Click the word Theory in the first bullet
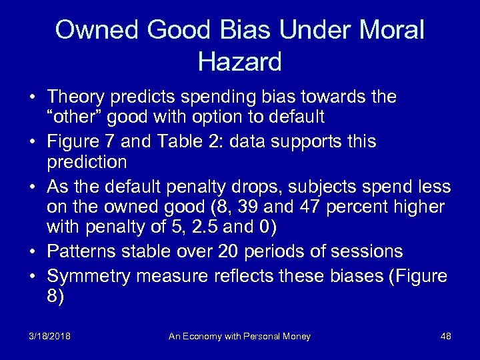[x=77, y=98]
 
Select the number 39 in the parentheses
[x=269, y=208]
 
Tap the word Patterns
[x=78, y=251]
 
